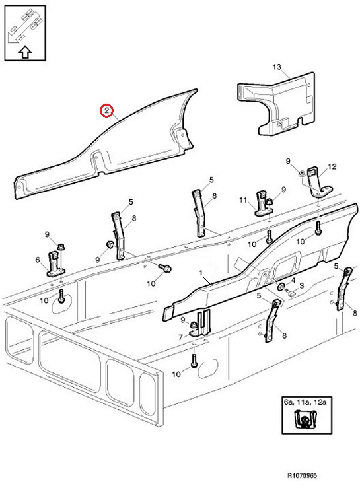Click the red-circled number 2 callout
(x=106, y=110)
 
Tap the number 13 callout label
(x=277, y=67)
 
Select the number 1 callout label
(x=201, y=273)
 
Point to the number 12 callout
(x=332, y=167)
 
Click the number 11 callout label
(x=243, y=200)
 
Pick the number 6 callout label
(x=38, y=260)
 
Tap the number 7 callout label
(x=180, y=337)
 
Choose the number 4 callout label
(x=293, y=280)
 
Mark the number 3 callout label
(x=302, y=285)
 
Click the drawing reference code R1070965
(x=302, y=475)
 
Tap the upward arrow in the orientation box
(x=25, y=52)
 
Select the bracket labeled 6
(x=56, y=264)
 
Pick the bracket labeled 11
(x=264, y=203)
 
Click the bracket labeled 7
(x=201, y=324)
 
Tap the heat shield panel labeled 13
(x=276, y=103)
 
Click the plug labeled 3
(x=292, y=293)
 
